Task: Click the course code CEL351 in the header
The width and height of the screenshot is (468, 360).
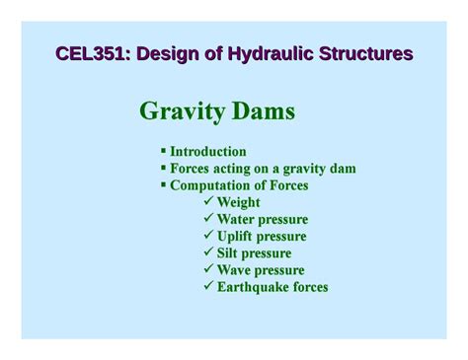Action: pos(88,53)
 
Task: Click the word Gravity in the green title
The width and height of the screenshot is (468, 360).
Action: pos(181,111)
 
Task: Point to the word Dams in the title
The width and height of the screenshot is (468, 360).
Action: pos(264,111)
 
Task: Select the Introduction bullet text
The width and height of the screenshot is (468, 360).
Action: pos(207,152)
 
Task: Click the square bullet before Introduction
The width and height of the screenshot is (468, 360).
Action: pos(163,152)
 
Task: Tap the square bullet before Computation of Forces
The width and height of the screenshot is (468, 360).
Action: pos(163,185)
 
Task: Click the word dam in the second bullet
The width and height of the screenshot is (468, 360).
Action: pos(342,169)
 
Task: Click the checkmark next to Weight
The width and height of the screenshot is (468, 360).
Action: pos(208,202)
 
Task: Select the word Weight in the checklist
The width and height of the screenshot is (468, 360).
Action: pos(239,202)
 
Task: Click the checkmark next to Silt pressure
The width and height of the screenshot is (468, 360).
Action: pos(208,252)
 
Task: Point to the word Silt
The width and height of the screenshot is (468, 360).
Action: pos(230,252)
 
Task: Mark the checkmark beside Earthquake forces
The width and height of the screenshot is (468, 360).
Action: pos(208,286)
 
